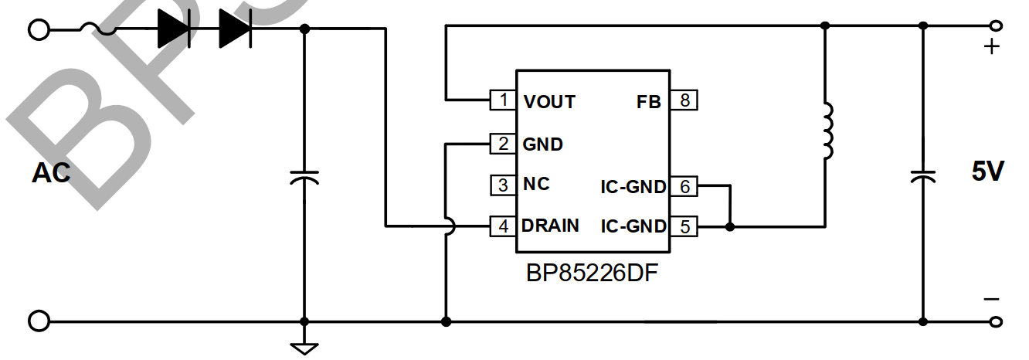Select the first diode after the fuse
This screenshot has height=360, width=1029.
click(x=174, y=29)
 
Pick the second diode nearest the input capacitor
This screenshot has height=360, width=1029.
click(x=236, y=29)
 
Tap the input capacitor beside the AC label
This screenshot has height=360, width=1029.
click(x=304, y=178)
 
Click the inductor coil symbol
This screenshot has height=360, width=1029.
click(x=827, y=131)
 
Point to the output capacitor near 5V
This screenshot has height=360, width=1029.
click(x=922, y=176)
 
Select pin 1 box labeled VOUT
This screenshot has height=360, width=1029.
click(x=504, y=100)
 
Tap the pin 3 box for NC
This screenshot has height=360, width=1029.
click(x=504, y=185)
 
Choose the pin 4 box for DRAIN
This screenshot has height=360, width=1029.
click(x=504, y=226)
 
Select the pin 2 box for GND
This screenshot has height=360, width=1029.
click(x=504, y=143)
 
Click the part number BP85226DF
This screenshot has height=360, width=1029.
click(x=593, y=273)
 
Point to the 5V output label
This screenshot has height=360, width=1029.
click(x=987, y=172)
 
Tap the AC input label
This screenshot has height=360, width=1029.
click(x=51, y=173)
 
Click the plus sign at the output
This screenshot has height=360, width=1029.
click(x=991, y=47)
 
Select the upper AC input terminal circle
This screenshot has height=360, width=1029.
click(x=38, y=29)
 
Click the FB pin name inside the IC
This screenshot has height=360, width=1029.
click(x=649, y=101)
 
